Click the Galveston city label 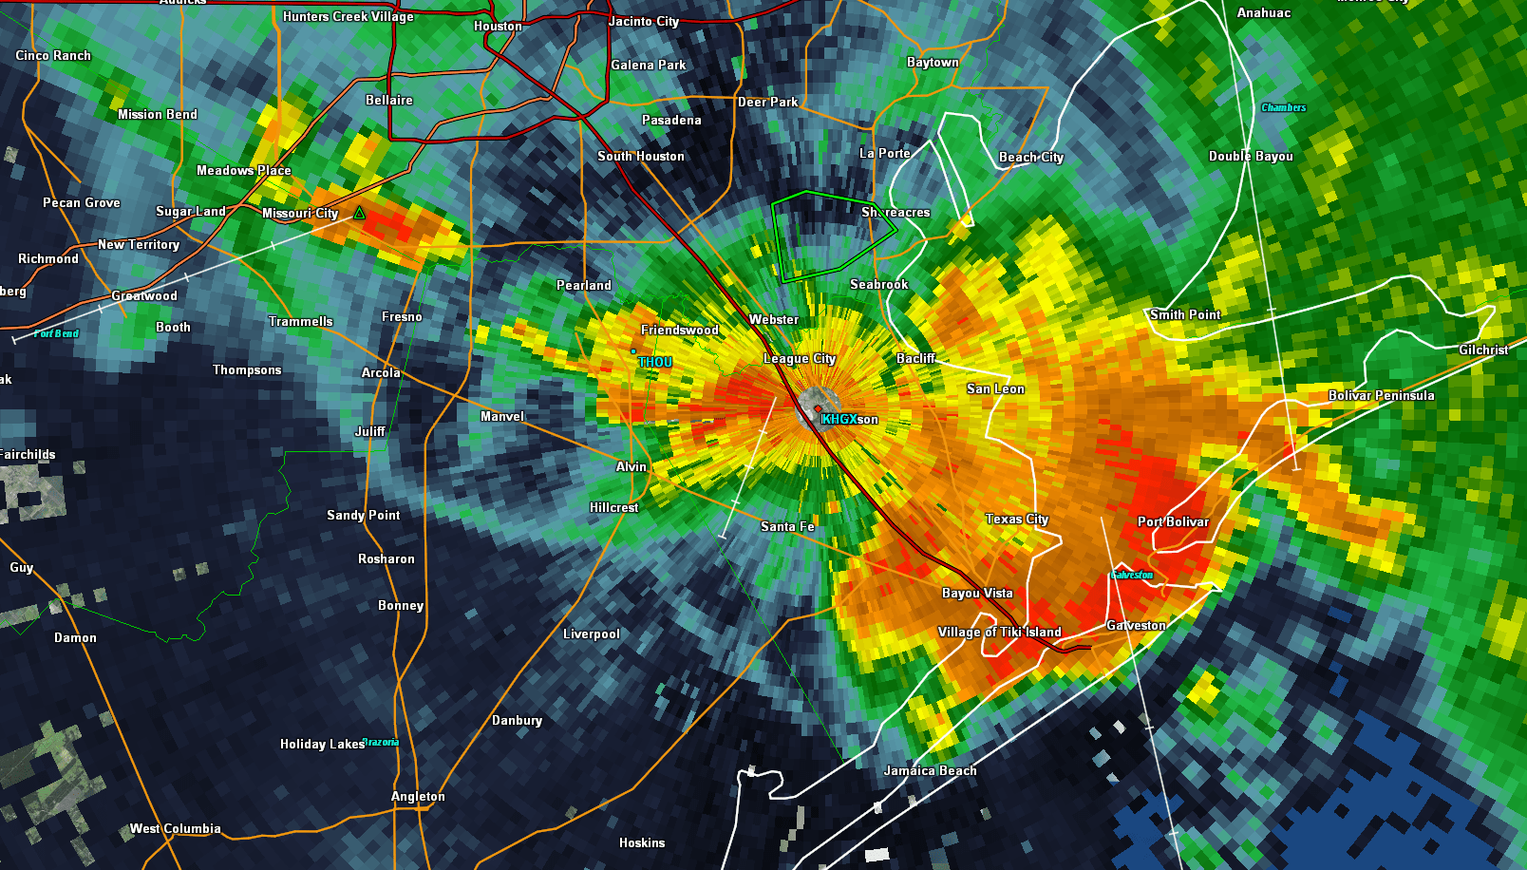click(x=1136, y=625)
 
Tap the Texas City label click(x=1017, y=519)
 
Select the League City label click(x=800, y=358)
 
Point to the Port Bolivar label click(x=1173, y=521)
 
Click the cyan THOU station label click(x=655, y=362)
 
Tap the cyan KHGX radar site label click(x=839, y=419)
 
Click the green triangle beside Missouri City click(x=359, y=214)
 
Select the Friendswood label click(x=680, y=330)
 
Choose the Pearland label click(x=584, y=285)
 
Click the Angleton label click(x=418, y=796)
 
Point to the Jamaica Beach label click(x=930, y=770)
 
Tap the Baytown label click(x=933, y=62)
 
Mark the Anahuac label click(x=1264, y=12)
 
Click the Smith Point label click(x=1185, y=314)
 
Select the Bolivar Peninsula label click(x=1381, y=395)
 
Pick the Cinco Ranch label click(x=53, y=55)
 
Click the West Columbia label click(x=176, y=828)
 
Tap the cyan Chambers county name click(x=1284, y=107)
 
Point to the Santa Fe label click(x=787, y=526)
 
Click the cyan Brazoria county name click(x=382, y=743)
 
